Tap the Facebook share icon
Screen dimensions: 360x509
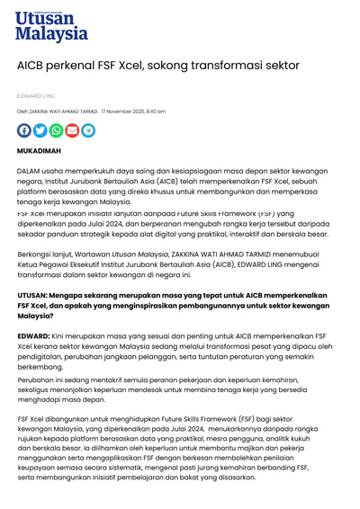[24, 129]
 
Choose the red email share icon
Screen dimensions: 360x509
[72, 129]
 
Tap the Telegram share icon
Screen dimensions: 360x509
[88, 129]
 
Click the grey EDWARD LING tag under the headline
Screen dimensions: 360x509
[33, 94]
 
